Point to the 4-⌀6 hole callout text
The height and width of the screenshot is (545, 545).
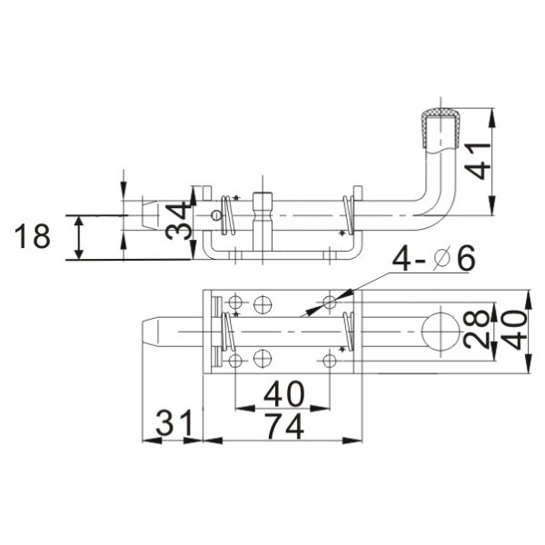433,260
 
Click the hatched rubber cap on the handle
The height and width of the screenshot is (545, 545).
441,127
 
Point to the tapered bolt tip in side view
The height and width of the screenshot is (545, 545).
150,216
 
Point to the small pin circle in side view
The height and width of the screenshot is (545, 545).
215,215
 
